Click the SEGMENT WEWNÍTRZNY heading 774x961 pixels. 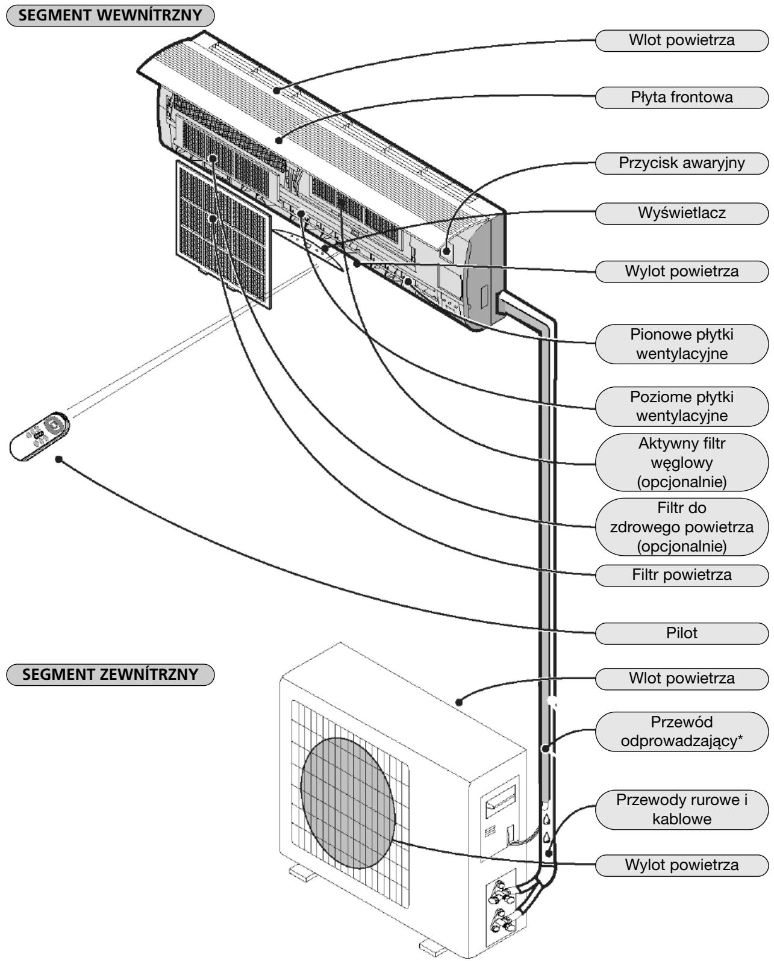(x=110, y=15)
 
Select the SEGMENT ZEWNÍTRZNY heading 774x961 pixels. (x=110, y=674)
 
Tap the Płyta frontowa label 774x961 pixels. (x=681, y=98)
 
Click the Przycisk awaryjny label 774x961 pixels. (x=681, y=163)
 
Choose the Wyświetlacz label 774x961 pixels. (x=681, y=213)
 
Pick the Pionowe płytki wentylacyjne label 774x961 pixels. (x=681, y=344)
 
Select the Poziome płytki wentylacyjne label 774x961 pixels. (x=681, y=406)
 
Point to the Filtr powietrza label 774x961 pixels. (x=681, y=575)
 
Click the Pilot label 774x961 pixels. (x=681, y=633)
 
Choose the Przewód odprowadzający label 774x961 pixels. (x=681, y=732)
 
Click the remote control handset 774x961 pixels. (x=39, y=436)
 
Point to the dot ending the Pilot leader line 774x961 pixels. (x=58, y=459)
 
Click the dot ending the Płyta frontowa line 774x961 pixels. (x=279, y=140)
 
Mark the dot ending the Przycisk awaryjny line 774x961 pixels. (x=446, y=250)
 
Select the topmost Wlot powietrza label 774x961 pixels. (x=681, y=40)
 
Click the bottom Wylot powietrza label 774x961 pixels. (x=681, y=865)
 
